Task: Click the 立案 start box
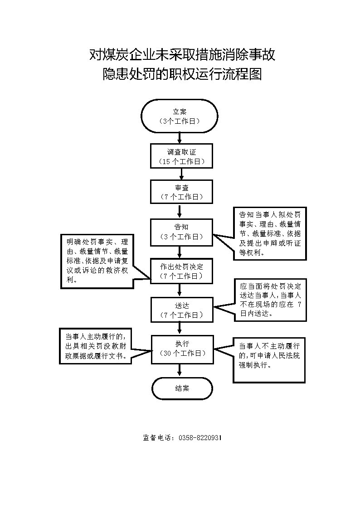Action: (x=180, y=116)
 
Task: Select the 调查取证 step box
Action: (x=181, y=156)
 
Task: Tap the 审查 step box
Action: (x=181, y=192)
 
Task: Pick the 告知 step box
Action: (x=181, y=232)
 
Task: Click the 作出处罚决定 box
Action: (x=181, y=271)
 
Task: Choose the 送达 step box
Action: (x=182, y=310)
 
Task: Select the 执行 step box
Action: (x=182, y=349)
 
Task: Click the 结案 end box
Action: (x=182, y=388)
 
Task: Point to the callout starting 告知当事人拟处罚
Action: (x=270, y=234)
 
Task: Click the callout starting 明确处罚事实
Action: (x=97, y=261)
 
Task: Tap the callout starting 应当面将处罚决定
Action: (x=270, y=300)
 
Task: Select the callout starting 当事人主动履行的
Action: (x=95, y=346)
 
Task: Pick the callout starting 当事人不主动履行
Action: (x=269, y=360)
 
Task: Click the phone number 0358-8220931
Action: (x=200, y=437)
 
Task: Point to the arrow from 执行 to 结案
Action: (x=180, y=370)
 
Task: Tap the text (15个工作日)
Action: (x=182, y=161)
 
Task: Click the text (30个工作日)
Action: (x=182, y=353)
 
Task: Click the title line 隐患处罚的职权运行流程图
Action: (x=182, y=74)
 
